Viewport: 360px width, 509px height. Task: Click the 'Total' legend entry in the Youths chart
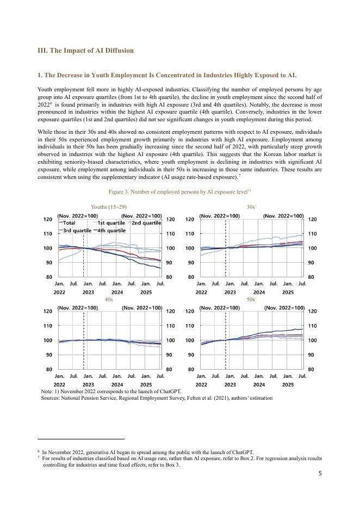(69, 222)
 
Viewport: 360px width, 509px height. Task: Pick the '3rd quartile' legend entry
(77, 230)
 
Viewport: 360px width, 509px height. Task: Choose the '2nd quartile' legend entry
(146, 222)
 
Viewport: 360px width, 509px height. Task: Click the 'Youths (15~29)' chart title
(109, 207)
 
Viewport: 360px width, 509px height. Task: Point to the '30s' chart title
(251, 207)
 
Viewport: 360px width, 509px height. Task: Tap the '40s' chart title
(109, 300)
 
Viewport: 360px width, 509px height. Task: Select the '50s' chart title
(251, 300)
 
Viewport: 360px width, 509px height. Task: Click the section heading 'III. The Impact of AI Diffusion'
(85, 51)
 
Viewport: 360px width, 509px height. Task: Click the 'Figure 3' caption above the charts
(179, 191)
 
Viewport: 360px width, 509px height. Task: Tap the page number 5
(320, 473)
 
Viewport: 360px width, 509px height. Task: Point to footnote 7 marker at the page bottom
(39, 457)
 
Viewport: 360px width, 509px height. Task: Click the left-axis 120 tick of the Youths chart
(47, 219)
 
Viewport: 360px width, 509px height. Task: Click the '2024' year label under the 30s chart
(259, 293)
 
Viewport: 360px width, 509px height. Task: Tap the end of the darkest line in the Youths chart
(160, 269)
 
